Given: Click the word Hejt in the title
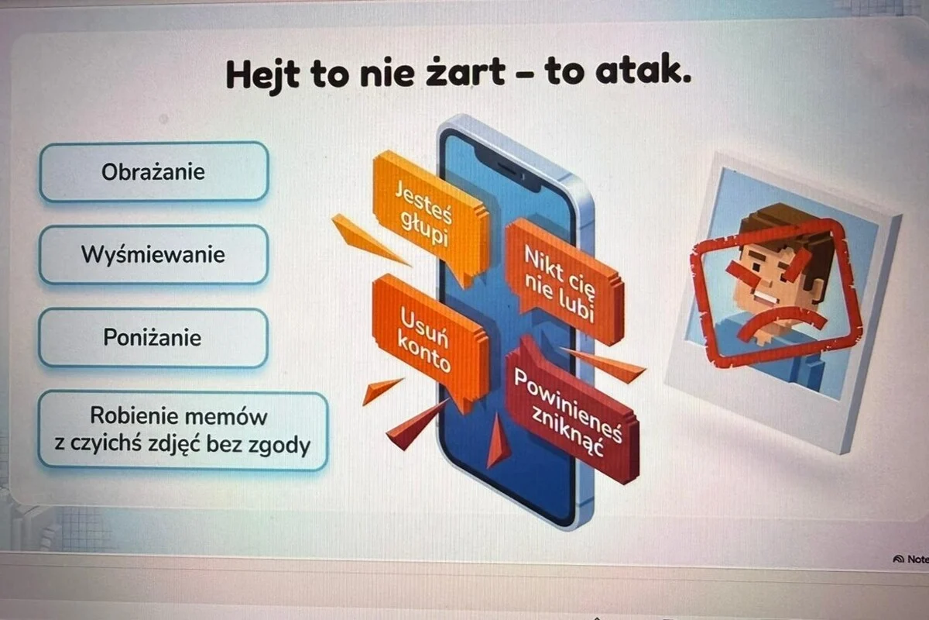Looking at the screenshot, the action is click(x=262, y=75).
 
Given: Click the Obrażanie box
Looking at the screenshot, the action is click(x=154, y=172).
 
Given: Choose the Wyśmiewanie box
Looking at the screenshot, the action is click(x=153, y=254).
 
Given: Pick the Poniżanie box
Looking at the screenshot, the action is click(x=153, y=337).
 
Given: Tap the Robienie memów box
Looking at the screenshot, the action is click(x=183, y=431).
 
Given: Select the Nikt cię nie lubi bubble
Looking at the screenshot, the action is click(x=564, y=282).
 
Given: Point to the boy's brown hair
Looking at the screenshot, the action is click(x=788, y=232).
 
